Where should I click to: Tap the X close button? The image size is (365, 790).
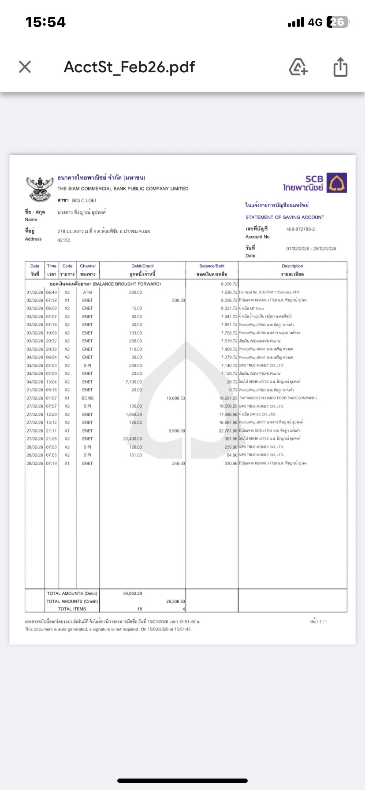(25, 67)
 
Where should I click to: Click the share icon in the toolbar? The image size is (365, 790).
(340, 67)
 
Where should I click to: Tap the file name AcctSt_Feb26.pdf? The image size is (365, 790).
(129, 67)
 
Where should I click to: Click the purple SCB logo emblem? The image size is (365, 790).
(338, 183)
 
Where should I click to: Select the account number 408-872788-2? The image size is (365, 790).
(300, 229)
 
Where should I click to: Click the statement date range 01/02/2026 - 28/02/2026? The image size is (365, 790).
(311, 249)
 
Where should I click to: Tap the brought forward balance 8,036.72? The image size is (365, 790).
(229, 284)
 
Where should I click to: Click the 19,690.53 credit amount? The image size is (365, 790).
(176, 398)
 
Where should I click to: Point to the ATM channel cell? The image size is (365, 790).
(87, 292)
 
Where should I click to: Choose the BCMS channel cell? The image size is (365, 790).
(87, 398)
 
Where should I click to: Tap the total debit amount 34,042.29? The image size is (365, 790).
(133, 593)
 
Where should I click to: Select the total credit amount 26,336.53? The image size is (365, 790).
(176, 601)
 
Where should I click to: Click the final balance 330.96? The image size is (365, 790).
(231, 463)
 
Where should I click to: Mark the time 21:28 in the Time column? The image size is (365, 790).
(52, 439)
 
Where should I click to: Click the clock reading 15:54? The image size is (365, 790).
(45, 22)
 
